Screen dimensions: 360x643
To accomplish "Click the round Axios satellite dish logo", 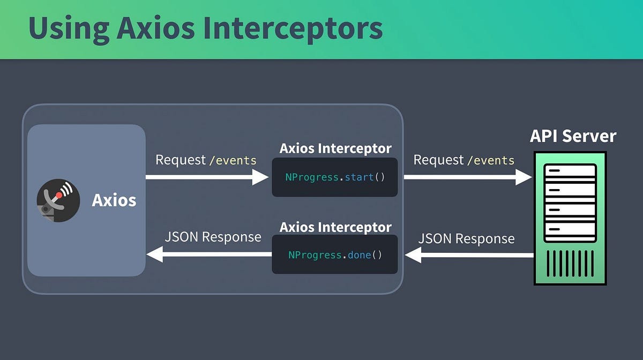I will pos(58,200).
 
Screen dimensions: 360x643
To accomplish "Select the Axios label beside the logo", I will pos(114,200).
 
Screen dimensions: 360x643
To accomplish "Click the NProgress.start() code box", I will pos(335,177).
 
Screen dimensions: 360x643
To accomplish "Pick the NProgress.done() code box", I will pos(335,254).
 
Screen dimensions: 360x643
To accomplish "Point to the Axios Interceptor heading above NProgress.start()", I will pos(335,148).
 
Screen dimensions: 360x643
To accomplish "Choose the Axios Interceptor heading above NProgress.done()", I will pos(335,227).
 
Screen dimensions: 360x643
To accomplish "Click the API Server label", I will pos(573,136).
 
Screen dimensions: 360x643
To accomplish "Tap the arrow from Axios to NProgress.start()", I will pos(207,177).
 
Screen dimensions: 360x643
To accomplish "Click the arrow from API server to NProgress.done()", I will pos(469,256).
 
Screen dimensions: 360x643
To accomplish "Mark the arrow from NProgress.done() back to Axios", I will pos(209,254).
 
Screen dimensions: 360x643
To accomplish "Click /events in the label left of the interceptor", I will pos(233,160).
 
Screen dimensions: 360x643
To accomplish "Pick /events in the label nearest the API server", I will pos(491,160).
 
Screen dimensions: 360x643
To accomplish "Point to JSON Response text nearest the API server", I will pos(466,239).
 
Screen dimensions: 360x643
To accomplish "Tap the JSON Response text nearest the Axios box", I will pos(213,237).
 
